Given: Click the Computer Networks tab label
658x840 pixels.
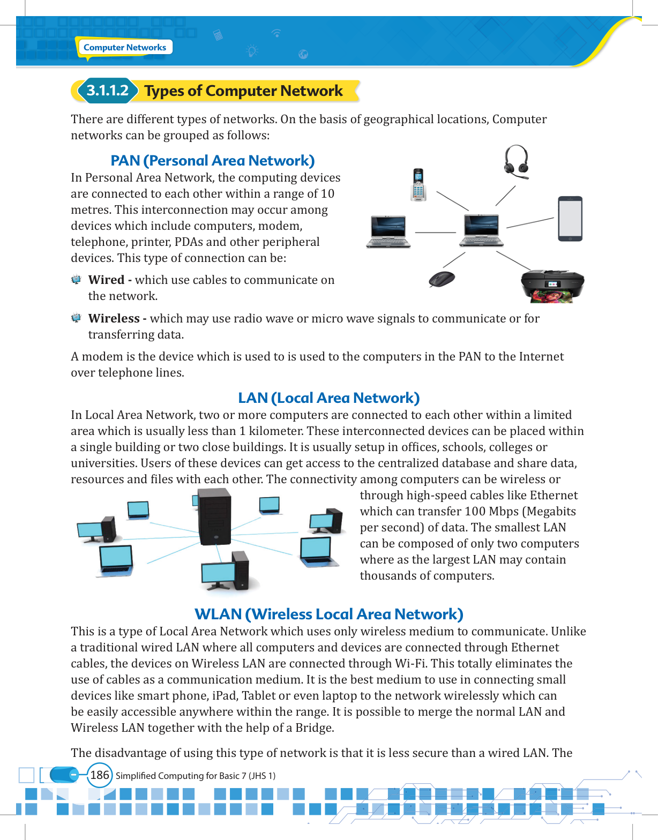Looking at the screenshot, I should tap(125, 48).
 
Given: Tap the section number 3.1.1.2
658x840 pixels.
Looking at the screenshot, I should tap(107, 91).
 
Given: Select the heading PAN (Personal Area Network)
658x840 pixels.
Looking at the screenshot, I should tap(212, 161).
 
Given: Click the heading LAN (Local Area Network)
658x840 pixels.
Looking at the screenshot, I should tap(328, 398).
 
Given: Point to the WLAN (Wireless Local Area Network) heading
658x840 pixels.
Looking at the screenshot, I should tap(328, 614).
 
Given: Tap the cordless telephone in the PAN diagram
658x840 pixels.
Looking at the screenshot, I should tap(418, 185).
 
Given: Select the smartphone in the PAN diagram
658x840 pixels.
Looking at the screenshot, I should tap(570, 219).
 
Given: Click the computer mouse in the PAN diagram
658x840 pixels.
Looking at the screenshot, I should tap(442, 279).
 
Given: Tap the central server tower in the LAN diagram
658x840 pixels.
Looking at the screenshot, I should tap(215, 517).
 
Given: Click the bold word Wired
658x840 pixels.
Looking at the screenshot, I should tap(106, 280).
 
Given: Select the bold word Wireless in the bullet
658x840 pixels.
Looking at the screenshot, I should tap(114, 318).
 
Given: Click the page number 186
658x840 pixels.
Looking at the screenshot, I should tap(100, 775).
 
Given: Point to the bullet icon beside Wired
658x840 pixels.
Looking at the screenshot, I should tap(76, 280).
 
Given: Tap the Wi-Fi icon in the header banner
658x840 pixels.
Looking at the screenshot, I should tap(276, 33).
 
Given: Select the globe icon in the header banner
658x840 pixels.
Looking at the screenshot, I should tap(303, 54).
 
